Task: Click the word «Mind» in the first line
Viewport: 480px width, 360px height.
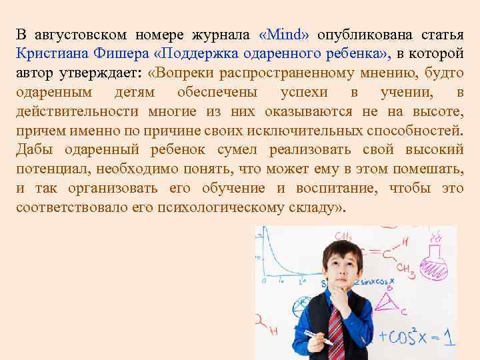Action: click(283, 34)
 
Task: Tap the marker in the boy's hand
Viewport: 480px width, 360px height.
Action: click(318, 336)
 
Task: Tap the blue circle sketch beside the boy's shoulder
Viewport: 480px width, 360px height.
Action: click(304, 303)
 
